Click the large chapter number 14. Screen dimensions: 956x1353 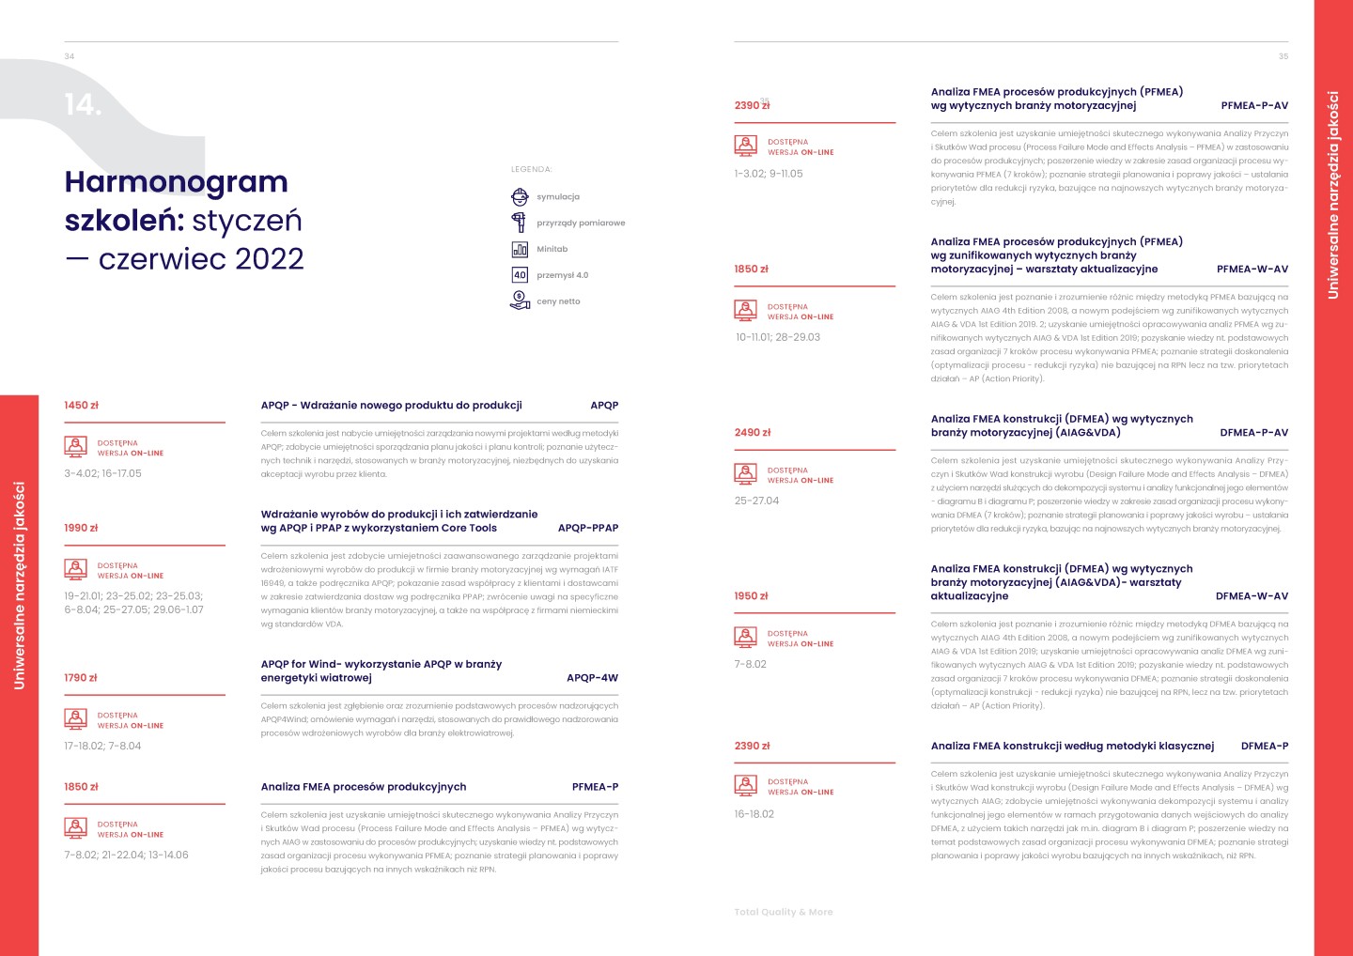(x=83, y=104)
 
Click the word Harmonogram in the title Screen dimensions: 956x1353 (x=177, y=181)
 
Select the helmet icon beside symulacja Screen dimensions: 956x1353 (x=520, y=196)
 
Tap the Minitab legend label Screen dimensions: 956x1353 (x=552, y=249)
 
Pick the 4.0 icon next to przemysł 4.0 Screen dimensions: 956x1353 (x=520, y=275)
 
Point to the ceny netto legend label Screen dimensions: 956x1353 (x=558, y=301)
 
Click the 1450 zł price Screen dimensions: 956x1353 (x=82, y=406)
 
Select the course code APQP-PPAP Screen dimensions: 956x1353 (x=588, y=528)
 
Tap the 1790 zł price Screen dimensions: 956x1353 (x=81, y=678)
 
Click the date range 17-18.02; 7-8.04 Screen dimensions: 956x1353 (x=102, y=747)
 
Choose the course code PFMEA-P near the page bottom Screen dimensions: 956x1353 (x=595, y=787)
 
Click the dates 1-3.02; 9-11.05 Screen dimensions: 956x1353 (x=769, y=174)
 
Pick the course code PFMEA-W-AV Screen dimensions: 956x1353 (x=1252, y=270)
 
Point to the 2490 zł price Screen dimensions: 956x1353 (x=753, y=433)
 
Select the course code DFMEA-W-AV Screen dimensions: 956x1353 (x=1252, y=596)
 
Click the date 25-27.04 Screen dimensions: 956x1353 (x=757, y=501)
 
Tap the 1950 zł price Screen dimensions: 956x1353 (x=752, y=596)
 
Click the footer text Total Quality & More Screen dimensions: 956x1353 (x=784, y=912)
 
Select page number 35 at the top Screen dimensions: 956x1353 (x=1283, y=56)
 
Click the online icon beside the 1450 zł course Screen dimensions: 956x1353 (x=76, y=447)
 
